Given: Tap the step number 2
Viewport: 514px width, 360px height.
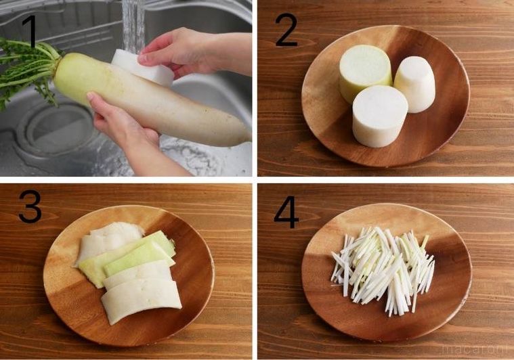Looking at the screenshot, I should point(287,30).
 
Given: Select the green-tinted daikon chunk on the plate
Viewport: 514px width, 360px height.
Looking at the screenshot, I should point(364,71).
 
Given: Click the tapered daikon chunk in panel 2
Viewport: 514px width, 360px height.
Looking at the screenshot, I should point(414,83).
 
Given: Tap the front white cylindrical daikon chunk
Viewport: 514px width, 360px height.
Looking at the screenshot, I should point(379,115).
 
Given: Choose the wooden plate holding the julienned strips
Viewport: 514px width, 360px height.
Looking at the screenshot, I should point(447,298).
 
